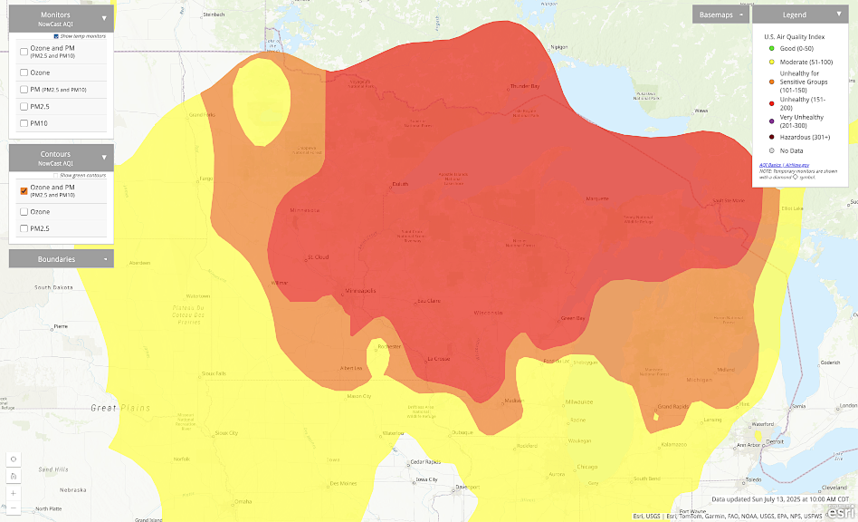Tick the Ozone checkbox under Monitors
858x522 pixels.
pyautogui.click(x=24, y=72)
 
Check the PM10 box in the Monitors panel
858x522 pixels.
pyautogui.click(x=24, y=123)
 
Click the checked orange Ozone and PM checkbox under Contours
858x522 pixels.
pyautogui.click(x=24, y=191)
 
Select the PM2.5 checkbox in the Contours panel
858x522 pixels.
pyautogui.click(x=24, y=229)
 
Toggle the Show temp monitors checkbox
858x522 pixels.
pyautogui.click(x=56, y=36)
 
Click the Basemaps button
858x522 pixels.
pyautogui.click(x=721, y=14)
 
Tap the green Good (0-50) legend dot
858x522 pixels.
pyautogui.click(x=758, y=48)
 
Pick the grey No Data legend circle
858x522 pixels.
pyautogui.click(x=758, y=150)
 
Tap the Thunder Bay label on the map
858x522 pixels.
pyautogui.click(x=525, y=86)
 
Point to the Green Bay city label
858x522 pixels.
pyautogui.click(x=572, y=318)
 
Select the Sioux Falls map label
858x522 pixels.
pyautogui.click(x=214, y=373)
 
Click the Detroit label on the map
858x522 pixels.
pyautogui.click(x=773, y=441)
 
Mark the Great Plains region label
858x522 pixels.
pyautogui.click(x=116, y=408)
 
